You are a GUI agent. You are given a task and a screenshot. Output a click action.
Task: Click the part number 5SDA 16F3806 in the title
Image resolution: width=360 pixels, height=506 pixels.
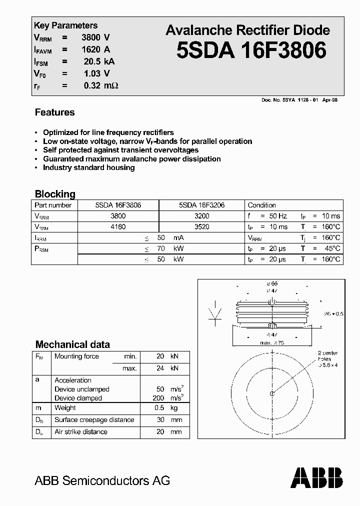pos(251,50)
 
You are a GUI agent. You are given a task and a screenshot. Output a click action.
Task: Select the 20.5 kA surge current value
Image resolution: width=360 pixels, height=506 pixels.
pos(98,61)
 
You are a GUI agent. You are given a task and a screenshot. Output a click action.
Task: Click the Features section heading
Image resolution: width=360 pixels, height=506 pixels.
pos(54,112)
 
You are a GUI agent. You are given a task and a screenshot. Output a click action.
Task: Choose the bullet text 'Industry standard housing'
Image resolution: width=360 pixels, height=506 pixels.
pos(88,168)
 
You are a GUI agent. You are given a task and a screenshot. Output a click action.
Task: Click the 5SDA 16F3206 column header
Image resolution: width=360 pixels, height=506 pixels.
pos(201,205)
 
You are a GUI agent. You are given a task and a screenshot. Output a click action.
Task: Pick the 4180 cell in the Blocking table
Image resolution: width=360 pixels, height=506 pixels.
pos(118,226)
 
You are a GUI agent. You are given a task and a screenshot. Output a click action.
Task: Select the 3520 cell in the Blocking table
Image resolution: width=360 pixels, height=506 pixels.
pos(201,226)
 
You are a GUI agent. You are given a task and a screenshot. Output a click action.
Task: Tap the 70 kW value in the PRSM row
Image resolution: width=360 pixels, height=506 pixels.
pos(167,248)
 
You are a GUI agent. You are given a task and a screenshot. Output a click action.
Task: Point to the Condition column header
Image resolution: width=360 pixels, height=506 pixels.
pos(261,205)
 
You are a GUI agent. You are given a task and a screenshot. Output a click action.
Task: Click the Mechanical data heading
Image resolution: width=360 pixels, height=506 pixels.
pos(72,344)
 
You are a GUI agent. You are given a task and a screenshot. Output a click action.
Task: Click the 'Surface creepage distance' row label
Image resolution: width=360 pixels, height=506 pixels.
pos(94,420)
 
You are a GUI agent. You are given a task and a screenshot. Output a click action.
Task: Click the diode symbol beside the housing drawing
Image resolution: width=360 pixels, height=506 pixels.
pos(215,312)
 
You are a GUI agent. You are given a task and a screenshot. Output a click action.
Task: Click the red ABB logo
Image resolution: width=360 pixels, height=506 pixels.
pos(317,477)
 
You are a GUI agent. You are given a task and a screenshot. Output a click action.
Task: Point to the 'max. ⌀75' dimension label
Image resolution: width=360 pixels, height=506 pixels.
pos(272,342)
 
